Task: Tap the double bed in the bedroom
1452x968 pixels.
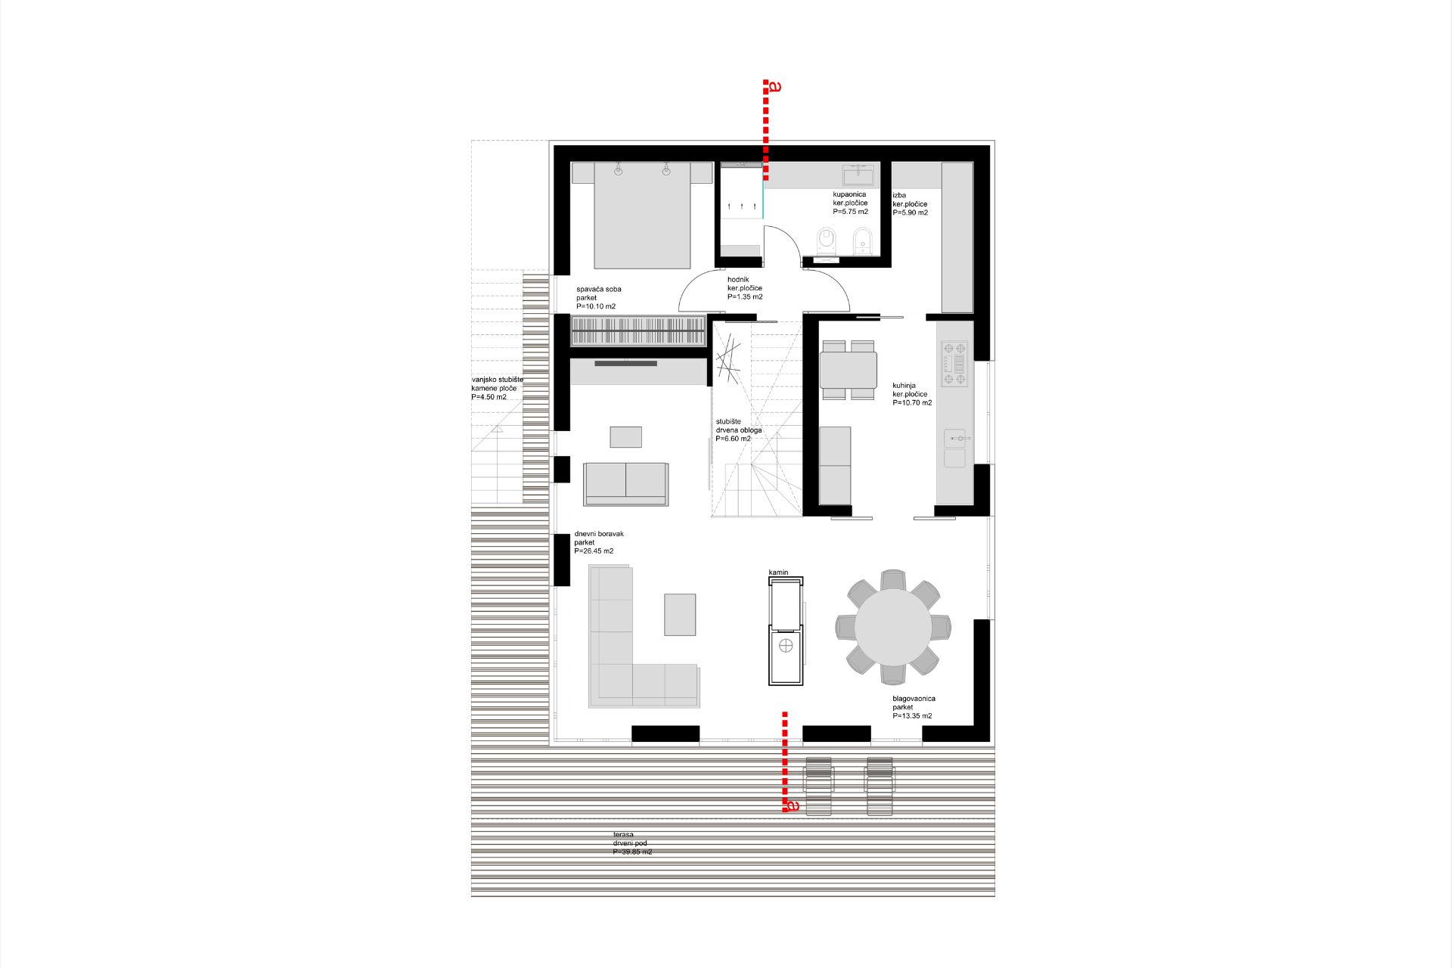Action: click(642, 216)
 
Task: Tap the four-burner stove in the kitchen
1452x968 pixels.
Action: click(954, 364)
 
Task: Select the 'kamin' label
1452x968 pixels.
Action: click(778, 572)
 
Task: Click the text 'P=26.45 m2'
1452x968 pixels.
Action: click(594, 551)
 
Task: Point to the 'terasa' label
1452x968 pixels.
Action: click(623, 835)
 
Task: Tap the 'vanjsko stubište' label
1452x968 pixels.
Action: click(498, 380)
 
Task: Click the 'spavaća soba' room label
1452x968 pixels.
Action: click(599, 290)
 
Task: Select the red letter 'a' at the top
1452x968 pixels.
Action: click(774, 86)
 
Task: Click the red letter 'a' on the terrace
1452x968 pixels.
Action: click(793, 806)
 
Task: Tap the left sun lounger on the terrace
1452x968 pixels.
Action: click(819, 786)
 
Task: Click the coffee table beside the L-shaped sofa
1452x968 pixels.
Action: click(680, 615)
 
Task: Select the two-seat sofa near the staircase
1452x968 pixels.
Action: click(625, 484)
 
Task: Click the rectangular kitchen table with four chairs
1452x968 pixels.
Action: click(848, 370)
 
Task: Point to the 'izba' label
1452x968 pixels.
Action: click(899, 195)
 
